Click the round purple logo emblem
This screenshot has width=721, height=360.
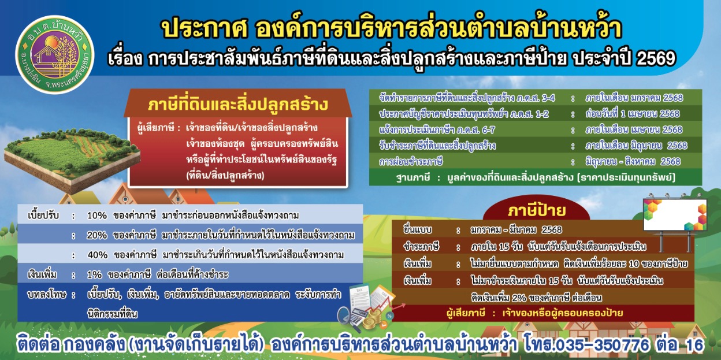pyautogui.click(x=54, y=54)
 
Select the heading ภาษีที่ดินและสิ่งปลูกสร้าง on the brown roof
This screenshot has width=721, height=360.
pyautogui.click(x=238, y=105)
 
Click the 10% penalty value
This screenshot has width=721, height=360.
pyautogui.click(x=96, y=216)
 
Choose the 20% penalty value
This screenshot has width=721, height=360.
pyautogui.click(x=96, y=235)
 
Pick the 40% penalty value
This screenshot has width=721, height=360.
pyautogui.click(x=97, y=255)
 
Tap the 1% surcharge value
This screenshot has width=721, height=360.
pyautogui.click(x=94, y=275)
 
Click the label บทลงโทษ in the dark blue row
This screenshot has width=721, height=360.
pyautogui.click(x=47, y=295)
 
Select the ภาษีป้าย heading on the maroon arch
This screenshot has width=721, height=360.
pyautogui.click(x=537, y=211)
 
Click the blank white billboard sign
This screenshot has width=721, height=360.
pyautogui.click(x=675, y=214)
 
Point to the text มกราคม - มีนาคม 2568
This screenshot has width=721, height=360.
pyautogui.click(x=516, y=230)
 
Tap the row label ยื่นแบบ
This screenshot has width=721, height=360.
pyautogui.click(x=418, y=230)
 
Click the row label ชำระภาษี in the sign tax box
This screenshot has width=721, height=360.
pyautogui.click(x=421, y=247)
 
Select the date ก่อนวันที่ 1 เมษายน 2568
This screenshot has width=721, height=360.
pyautogui.click(x=633, y=114)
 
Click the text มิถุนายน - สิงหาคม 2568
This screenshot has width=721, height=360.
pyautogui.click(x=633, y=162)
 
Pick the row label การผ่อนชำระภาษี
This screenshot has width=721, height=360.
pyautogui.click(x=411, y=162)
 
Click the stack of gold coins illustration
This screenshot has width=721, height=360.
pyautogui.click(x=374, y=318)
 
